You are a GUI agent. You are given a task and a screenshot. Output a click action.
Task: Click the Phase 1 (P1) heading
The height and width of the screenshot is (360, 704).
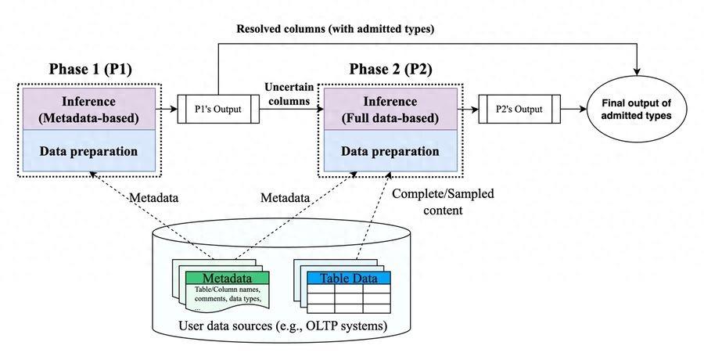90,69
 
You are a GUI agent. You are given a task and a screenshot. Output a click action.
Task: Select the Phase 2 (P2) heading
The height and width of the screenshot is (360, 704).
390,69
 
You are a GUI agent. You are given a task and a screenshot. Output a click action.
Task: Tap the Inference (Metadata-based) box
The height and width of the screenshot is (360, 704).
89,110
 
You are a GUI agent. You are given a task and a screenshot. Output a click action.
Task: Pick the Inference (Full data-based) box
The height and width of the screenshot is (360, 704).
390,110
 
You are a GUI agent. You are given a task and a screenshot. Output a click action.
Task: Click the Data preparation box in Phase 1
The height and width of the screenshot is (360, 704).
89,151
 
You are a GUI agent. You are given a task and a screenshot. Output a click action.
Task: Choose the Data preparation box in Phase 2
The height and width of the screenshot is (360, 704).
390,151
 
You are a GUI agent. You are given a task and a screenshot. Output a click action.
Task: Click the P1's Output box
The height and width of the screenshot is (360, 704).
219,109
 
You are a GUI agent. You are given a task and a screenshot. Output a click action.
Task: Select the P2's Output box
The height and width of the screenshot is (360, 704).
519,109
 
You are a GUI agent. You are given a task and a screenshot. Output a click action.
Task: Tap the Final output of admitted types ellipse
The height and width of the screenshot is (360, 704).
637,110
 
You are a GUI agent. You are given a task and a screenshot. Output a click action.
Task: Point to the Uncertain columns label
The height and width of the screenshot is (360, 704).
289,94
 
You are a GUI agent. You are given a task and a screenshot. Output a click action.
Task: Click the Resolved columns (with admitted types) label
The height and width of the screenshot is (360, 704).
336,29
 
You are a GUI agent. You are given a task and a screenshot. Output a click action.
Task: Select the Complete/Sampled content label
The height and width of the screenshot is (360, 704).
444,202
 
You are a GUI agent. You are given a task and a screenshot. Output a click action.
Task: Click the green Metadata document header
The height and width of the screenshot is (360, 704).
227,278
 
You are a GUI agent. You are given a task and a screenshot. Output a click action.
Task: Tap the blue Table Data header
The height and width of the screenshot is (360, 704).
348,278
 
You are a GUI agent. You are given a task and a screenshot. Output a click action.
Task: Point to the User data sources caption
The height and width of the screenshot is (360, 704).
283,325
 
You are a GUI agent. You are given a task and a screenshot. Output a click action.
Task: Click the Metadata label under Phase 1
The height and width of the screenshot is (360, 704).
154,198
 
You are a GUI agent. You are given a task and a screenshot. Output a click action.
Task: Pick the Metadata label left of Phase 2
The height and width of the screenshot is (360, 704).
286,198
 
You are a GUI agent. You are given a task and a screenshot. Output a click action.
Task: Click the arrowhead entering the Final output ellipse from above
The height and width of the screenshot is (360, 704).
637,71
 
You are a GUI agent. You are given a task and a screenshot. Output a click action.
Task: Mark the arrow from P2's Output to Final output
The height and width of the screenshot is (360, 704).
574,110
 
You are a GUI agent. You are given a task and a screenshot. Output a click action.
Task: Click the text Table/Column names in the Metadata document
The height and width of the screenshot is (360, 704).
227,290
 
